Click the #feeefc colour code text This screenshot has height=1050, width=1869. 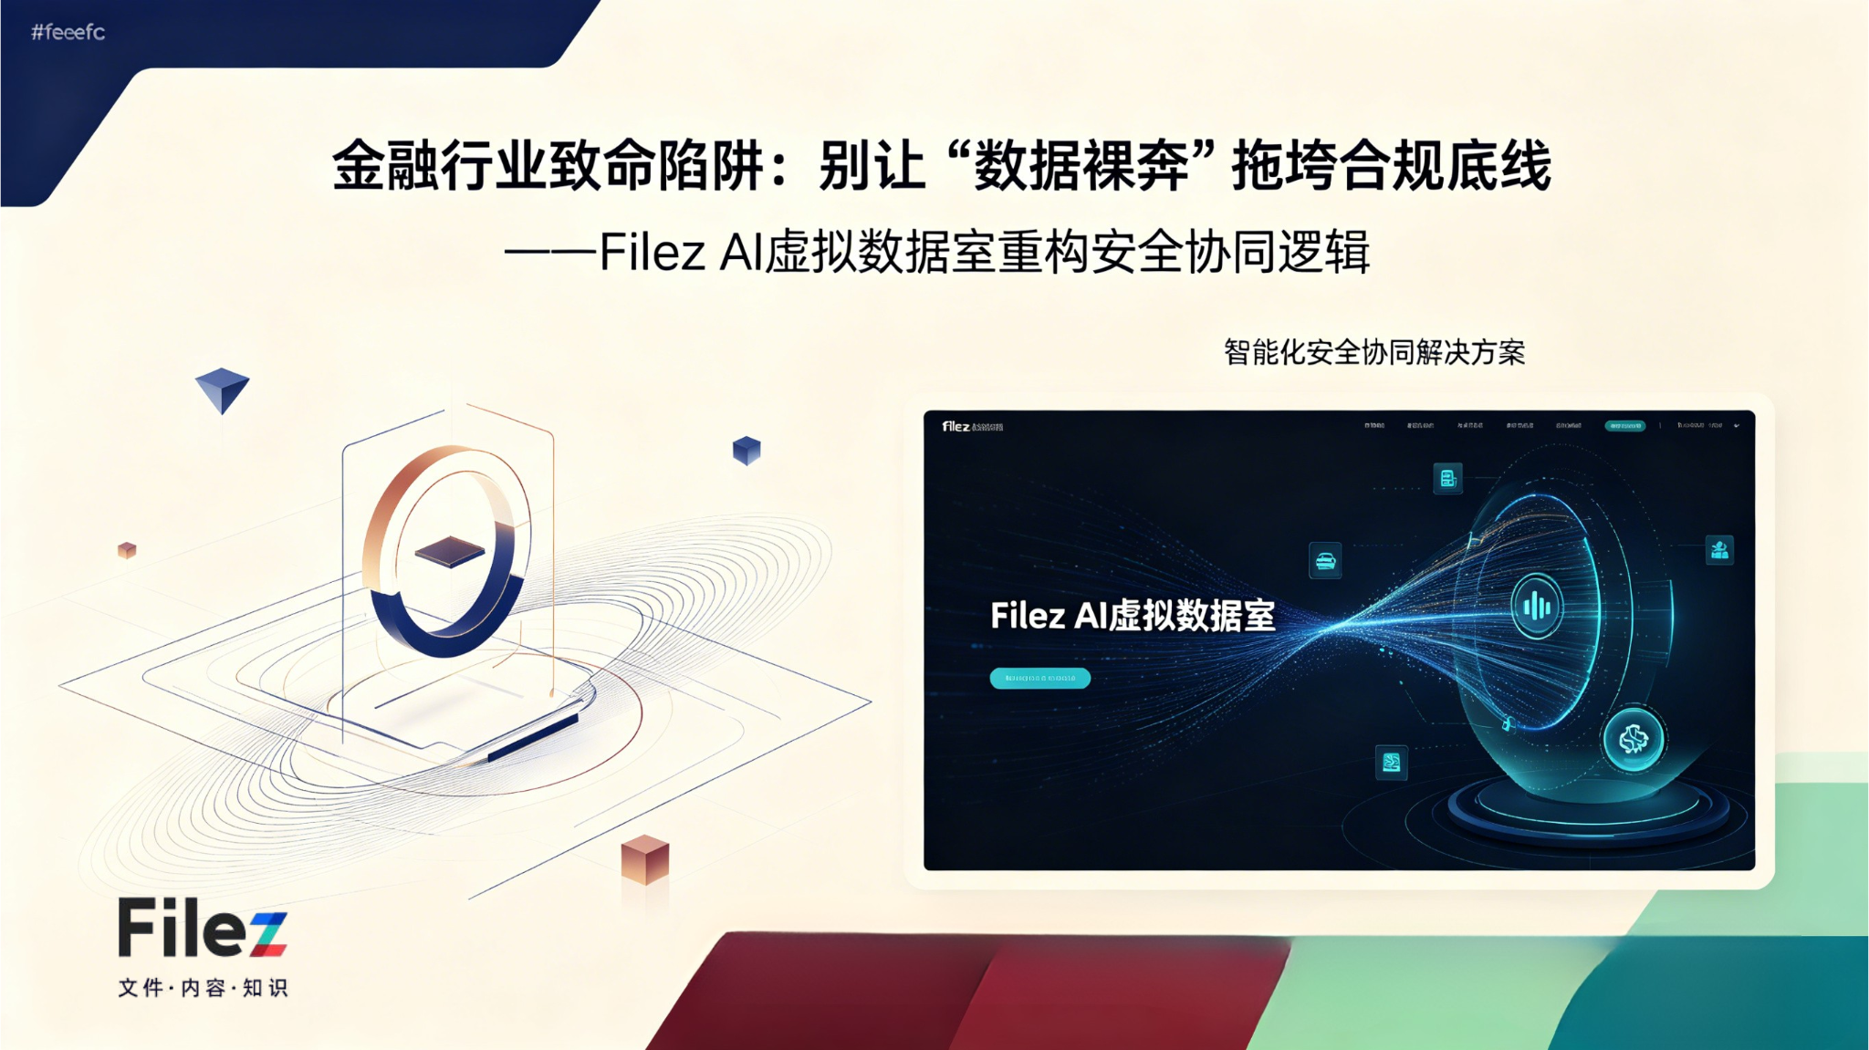(68, 33)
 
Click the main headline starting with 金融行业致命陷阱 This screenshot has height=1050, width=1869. (941, 166)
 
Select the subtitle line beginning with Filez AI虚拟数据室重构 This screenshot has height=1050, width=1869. (937, 253)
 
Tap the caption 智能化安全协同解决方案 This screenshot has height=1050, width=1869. (1373, 352)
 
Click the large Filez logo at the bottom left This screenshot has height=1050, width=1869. (203, 928)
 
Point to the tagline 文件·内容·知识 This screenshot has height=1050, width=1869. (203, 988)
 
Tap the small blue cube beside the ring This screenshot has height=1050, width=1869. (747, 451)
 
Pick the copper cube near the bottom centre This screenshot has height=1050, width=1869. (645, 859)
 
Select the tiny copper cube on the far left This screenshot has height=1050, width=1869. (127, 550)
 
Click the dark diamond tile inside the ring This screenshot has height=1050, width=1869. (450, 551)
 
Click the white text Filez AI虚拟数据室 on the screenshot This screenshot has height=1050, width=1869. (1133, 616)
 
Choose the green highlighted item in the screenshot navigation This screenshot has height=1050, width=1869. (1624, 425)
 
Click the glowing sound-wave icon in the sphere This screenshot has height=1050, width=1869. (1537, 607)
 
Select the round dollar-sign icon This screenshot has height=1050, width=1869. (1633, 739)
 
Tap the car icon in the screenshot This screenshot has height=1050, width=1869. (1325, 561)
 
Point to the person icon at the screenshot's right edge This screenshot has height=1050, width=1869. (1719, 550)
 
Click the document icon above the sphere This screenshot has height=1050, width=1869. (1447, 478)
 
